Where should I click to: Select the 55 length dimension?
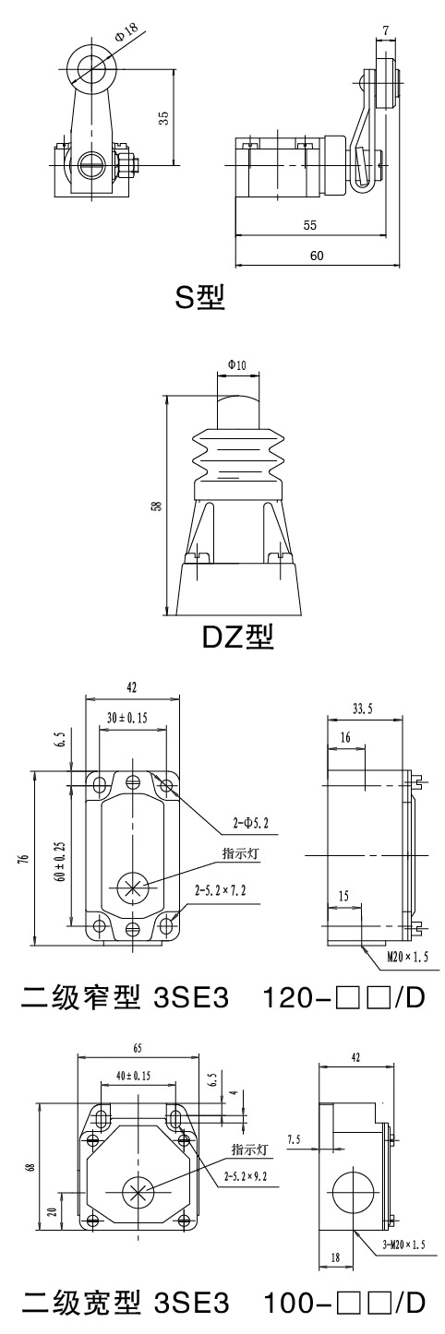pos(310,225)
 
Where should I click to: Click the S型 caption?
pos(199,297)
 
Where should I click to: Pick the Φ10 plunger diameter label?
pos(236,365)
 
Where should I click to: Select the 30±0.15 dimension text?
pos(126,718)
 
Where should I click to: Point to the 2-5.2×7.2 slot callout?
pos(221,890)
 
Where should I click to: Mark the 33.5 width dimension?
pos(362,709)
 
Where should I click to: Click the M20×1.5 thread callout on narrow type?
pos(408,957)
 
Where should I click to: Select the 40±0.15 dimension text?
pos(133,1076)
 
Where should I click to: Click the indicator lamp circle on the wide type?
pos(138,1191)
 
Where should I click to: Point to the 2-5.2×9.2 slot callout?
pos(245,1176)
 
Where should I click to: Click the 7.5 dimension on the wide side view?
pos(295,1139)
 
